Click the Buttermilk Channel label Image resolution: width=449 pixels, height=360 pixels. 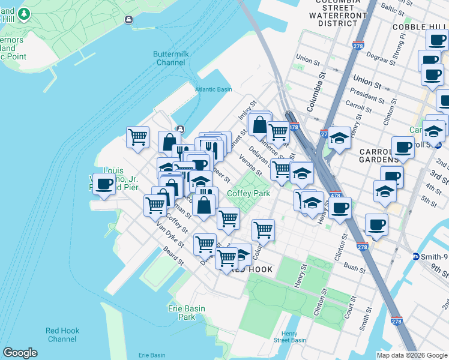click(170, 58)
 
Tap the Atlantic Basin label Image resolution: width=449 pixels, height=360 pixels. click(213, 90)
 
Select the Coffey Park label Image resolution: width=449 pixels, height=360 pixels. click(249, 193)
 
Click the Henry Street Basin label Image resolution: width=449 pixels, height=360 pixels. click(289, 337)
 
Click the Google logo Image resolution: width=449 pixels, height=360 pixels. click(20, 353)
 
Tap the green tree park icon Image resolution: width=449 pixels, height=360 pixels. click(23, 14)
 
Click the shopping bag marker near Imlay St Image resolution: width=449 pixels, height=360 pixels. click(259, 125)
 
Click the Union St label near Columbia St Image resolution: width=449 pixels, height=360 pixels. click(307, 60)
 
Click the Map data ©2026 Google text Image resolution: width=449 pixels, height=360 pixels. click(411, 355)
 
